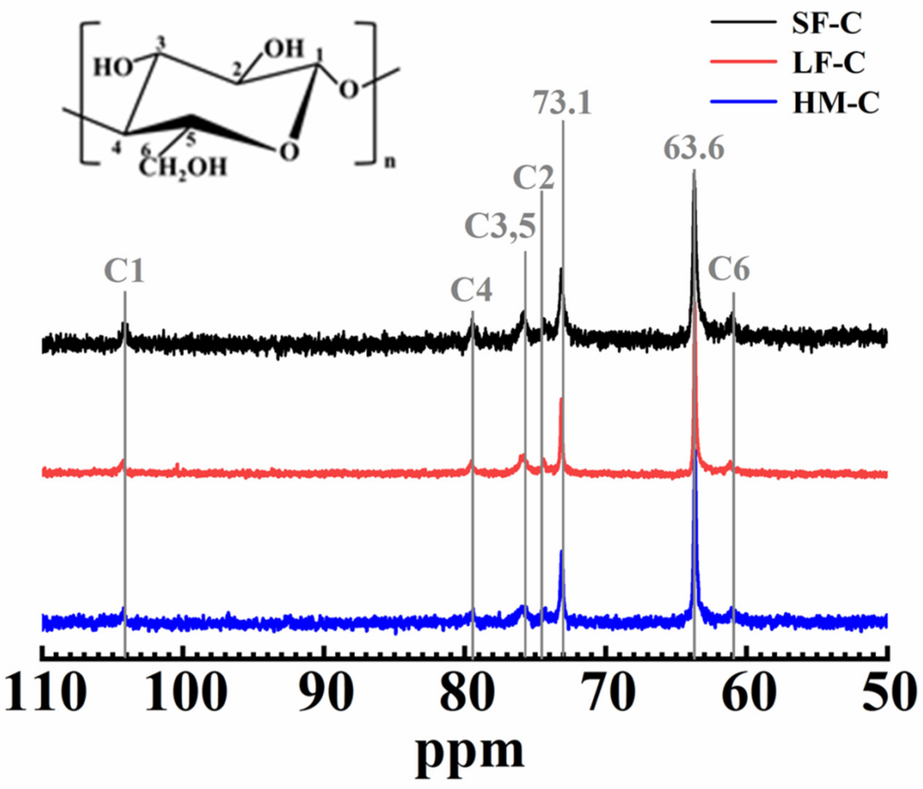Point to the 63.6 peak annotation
pos(694,149)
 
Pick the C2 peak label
pos(534,178)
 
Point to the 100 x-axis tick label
pos(185,695)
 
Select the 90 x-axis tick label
pos(327,695)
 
